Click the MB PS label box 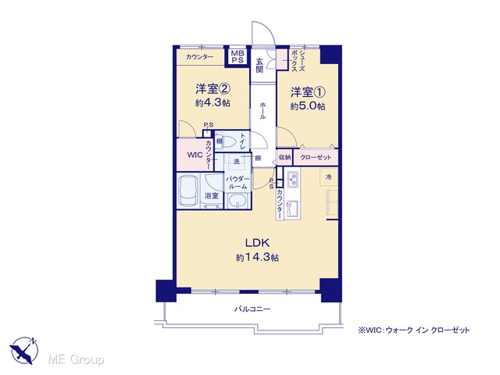tap(237, 57)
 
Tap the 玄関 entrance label tap(259, 65)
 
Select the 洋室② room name tap(213, 89)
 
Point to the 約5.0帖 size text tap(308, 106)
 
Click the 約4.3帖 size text tap(213, 102)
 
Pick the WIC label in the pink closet tap(195, 155)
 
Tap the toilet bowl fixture tap(227, 141)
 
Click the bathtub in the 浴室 tap(188, 191)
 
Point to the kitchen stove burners tap(292, 180)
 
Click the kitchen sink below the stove tap(292, 209)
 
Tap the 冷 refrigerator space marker tap(328, 177)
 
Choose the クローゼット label tap(316, 157)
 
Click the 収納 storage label tap(284, 157)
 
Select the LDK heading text tap(257, 243)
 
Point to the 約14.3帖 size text tap(257, 257)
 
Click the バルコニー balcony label tap(252, 309)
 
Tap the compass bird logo tap(24, 350)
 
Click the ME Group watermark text tap(76, 359)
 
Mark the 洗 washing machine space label tap(237, 162)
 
